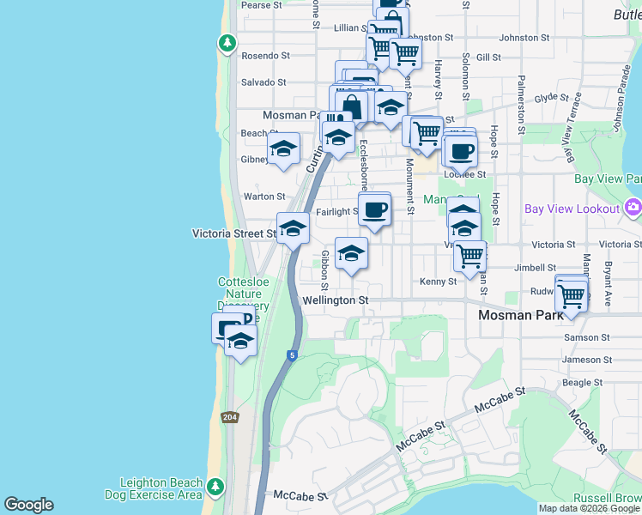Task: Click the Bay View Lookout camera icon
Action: [633, 207]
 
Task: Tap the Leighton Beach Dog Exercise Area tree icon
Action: [216, 488]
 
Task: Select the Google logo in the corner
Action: [28, 505]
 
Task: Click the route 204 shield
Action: [229, 417]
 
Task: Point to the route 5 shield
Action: [293, 354]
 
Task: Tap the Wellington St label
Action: [336, 300]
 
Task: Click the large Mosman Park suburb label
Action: [520, 315]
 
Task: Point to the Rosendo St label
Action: [265, 55]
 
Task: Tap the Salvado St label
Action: [263, 82]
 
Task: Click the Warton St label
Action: [264, 197]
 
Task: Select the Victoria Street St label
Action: [234, 233]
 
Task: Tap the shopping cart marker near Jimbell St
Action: [469, 255]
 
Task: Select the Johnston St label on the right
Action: [524, 38]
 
